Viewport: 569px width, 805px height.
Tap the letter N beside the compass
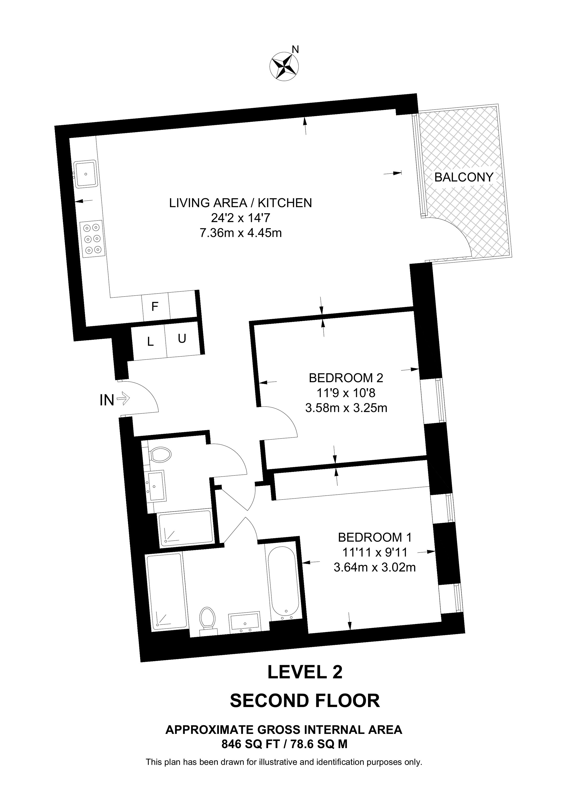296,50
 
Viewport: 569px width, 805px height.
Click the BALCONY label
464,177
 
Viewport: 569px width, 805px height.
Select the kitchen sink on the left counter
85,174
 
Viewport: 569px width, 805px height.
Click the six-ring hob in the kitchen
93,239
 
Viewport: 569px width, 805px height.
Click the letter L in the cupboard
151,342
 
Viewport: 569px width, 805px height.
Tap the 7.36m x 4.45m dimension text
241,232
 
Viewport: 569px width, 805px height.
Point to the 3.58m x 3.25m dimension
346,408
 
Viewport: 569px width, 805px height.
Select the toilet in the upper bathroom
160,455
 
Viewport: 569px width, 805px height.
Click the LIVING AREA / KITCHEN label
241,203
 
